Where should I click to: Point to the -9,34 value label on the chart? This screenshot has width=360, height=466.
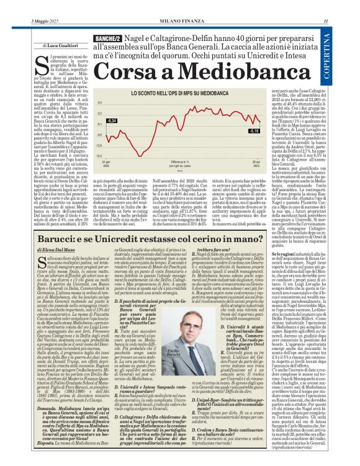[x=94, y=120]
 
